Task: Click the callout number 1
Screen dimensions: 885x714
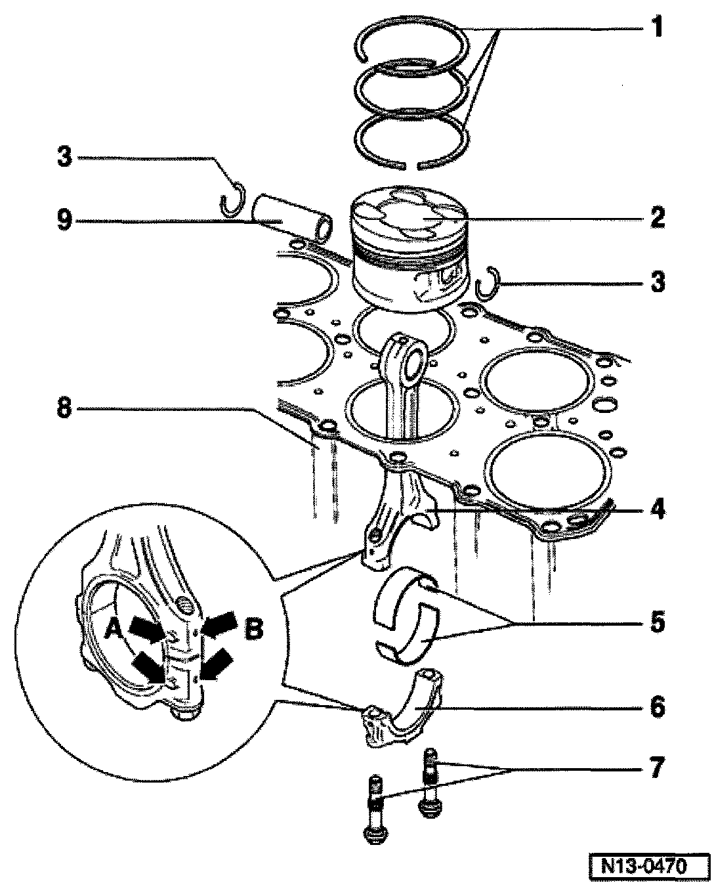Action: [x=656, y=29]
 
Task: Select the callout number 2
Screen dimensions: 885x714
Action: [x=656, y=218]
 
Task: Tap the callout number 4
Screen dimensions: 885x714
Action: [x=656, y=509]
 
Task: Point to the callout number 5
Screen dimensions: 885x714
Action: [x=656, y=621]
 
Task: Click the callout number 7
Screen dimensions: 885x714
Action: [x=656, y=767]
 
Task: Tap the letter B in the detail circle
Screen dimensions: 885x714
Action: [x=253, y=630]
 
